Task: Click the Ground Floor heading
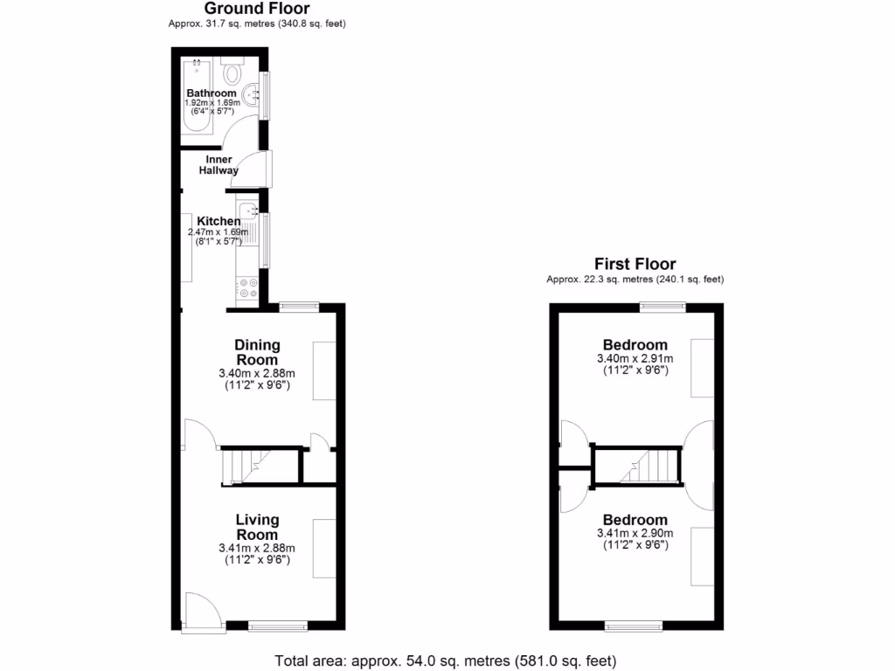[257, 9]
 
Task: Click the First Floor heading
[635, 264]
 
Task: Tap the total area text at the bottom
[451, 661]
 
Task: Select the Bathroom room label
[212, 93]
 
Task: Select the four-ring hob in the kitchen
[246, 287]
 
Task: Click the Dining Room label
[257, 352]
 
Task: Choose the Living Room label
[257, 527]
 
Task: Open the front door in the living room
[201, 609]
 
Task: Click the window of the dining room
[299, 306]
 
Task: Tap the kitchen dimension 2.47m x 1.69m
[219, 232]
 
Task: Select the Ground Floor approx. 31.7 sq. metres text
[257, 24]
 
